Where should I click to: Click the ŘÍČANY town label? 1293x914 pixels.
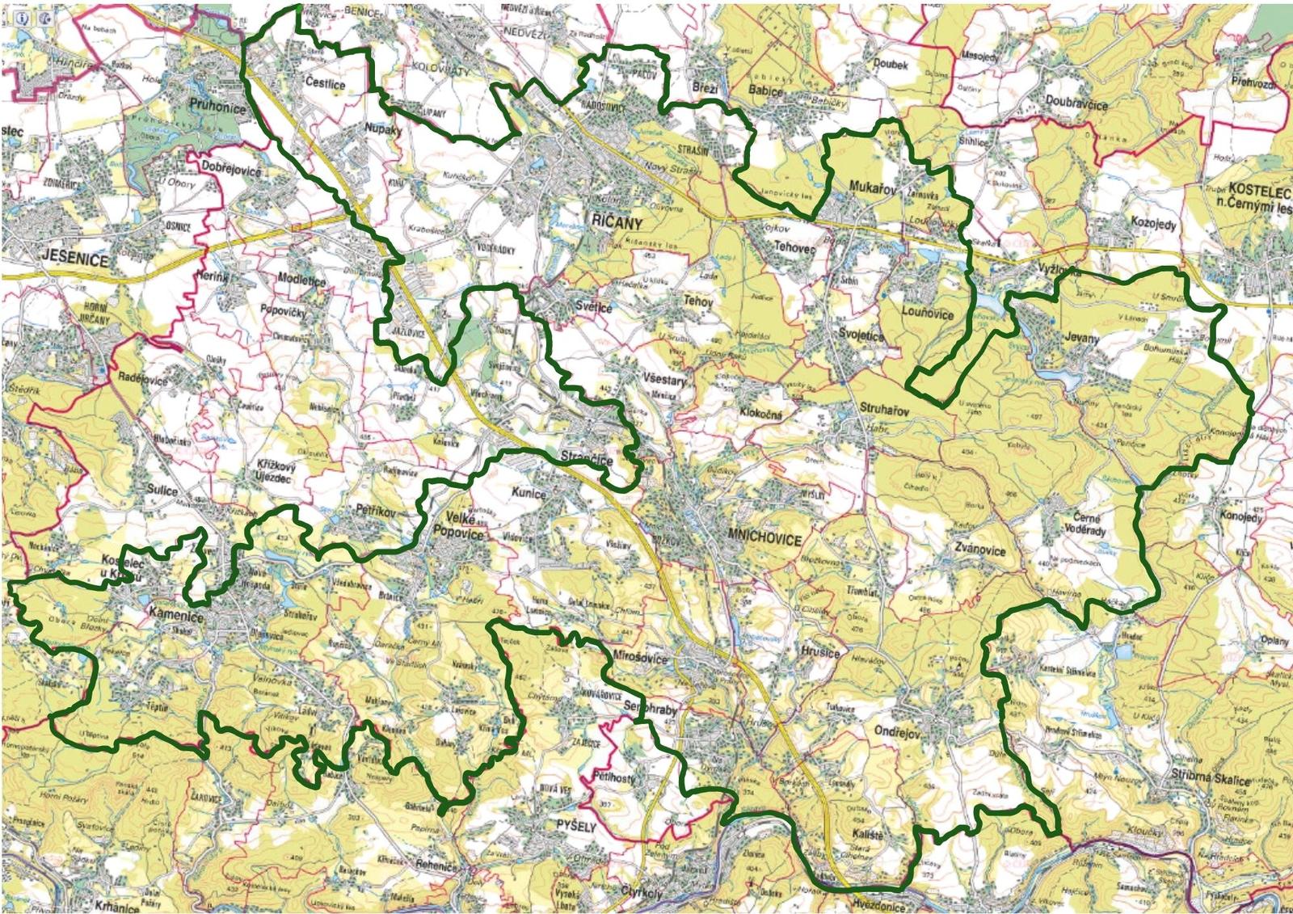click(617, 223)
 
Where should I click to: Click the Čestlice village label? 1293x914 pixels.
click(326, 83)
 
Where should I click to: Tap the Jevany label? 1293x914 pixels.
click(1082, 339)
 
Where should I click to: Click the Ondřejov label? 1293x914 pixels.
click(897, 732)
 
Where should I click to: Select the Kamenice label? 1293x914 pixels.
click(176, 615)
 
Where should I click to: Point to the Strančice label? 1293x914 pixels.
click(587, 458)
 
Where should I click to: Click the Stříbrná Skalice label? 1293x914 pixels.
click(1211, 777)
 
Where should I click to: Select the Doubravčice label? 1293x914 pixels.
click(1076, 102)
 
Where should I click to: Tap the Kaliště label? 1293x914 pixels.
click(868, 833)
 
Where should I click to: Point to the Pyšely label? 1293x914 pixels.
click(576, 827)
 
